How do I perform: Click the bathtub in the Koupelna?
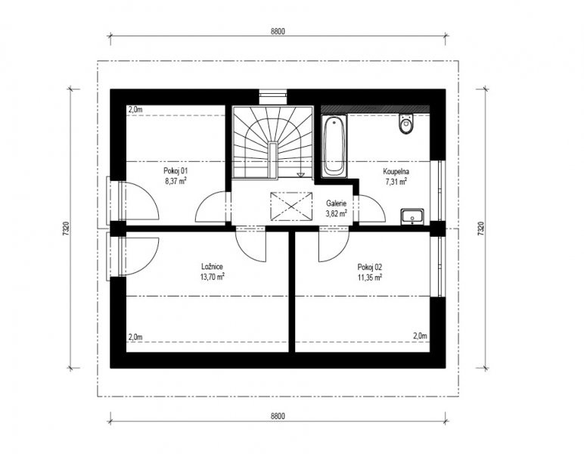coord(334,145)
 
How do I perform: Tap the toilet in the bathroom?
coord(406,123)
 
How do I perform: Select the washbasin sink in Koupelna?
coord(412,216)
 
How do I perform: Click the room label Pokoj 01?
coord(176,171)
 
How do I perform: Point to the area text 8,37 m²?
coord(176,182)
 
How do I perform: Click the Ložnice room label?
coord(212,266)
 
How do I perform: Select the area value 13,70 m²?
coord(212,277)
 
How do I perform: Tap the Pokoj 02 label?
coord(369,267)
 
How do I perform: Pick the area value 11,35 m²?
coord(369,278)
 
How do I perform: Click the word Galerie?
coord(337,204)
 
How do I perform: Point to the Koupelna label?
coord(396,172)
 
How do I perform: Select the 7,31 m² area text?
coord(396,182)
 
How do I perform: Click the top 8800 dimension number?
coord(278,31)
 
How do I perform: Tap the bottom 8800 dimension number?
coord(278,416)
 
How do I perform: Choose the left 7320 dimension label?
coord(66,229)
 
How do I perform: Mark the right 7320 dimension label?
coord(480,229)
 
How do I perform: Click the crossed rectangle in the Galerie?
coord(291,207)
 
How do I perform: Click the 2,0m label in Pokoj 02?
coord(420,336)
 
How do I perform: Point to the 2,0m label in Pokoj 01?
coord(135,110)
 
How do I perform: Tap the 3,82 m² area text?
coord(337,213)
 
